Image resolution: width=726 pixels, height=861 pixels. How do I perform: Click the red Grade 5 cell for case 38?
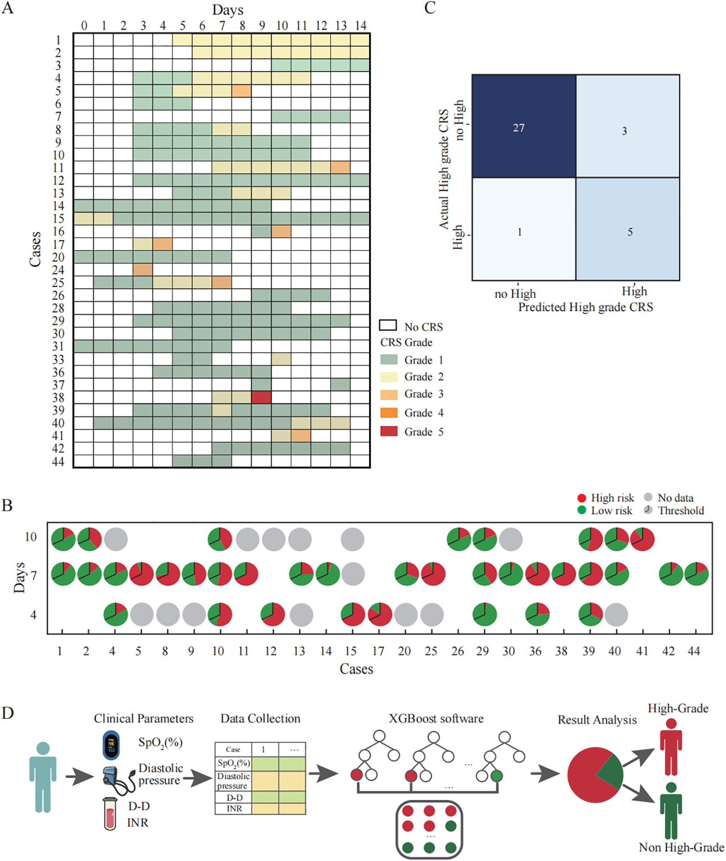click(x=261, y=397)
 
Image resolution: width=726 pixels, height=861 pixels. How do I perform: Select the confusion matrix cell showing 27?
click(x=524, y=126)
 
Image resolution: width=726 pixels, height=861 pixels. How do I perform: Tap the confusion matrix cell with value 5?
click(x=628, y=229)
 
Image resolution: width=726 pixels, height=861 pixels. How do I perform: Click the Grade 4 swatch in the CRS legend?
click(x=388, y=413)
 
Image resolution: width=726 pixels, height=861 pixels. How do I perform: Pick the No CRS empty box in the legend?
click(x=388, y=326)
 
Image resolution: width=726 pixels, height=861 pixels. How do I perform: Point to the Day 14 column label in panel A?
click(x=360, y=25)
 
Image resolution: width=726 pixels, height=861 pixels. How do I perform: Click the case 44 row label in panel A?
click(x=58, y=461)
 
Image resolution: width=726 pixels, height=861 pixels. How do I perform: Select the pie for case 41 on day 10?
click(x=642, y=538)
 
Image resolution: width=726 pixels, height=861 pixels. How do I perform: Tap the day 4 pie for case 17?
click(x=380, y=614)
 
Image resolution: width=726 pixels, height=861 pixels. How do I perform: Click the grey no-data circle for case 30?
click(x=510, y=538)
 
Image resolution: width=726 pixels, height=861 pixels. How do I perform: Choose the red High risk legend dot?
click(x=582, y=498)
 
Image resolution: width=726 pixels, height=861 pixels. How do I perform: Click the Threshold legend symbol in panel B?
click(x=648, y=510)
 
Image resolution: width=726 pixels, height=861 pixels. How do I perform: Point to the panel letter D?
click(x=7, y=713)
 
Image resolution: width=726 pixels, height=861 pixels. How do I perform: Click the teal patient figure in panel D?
click(x=43, y=776)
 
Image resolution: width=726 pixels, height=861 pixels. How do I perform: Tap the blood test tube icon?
click(x=110, y=813)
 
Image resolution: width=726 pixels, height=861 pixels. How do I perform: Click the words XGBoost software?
click(x=435, y=718)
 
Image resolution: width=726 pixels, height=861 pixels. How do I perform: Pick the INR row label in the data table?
click(x=234, y=808)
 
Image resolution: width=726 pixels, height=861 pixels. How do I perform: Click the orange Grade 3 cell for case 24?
click(x=143, y=269)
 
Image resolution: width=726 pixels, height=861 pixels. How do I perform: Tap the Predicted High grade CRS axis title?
click(x=585, y=307)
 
